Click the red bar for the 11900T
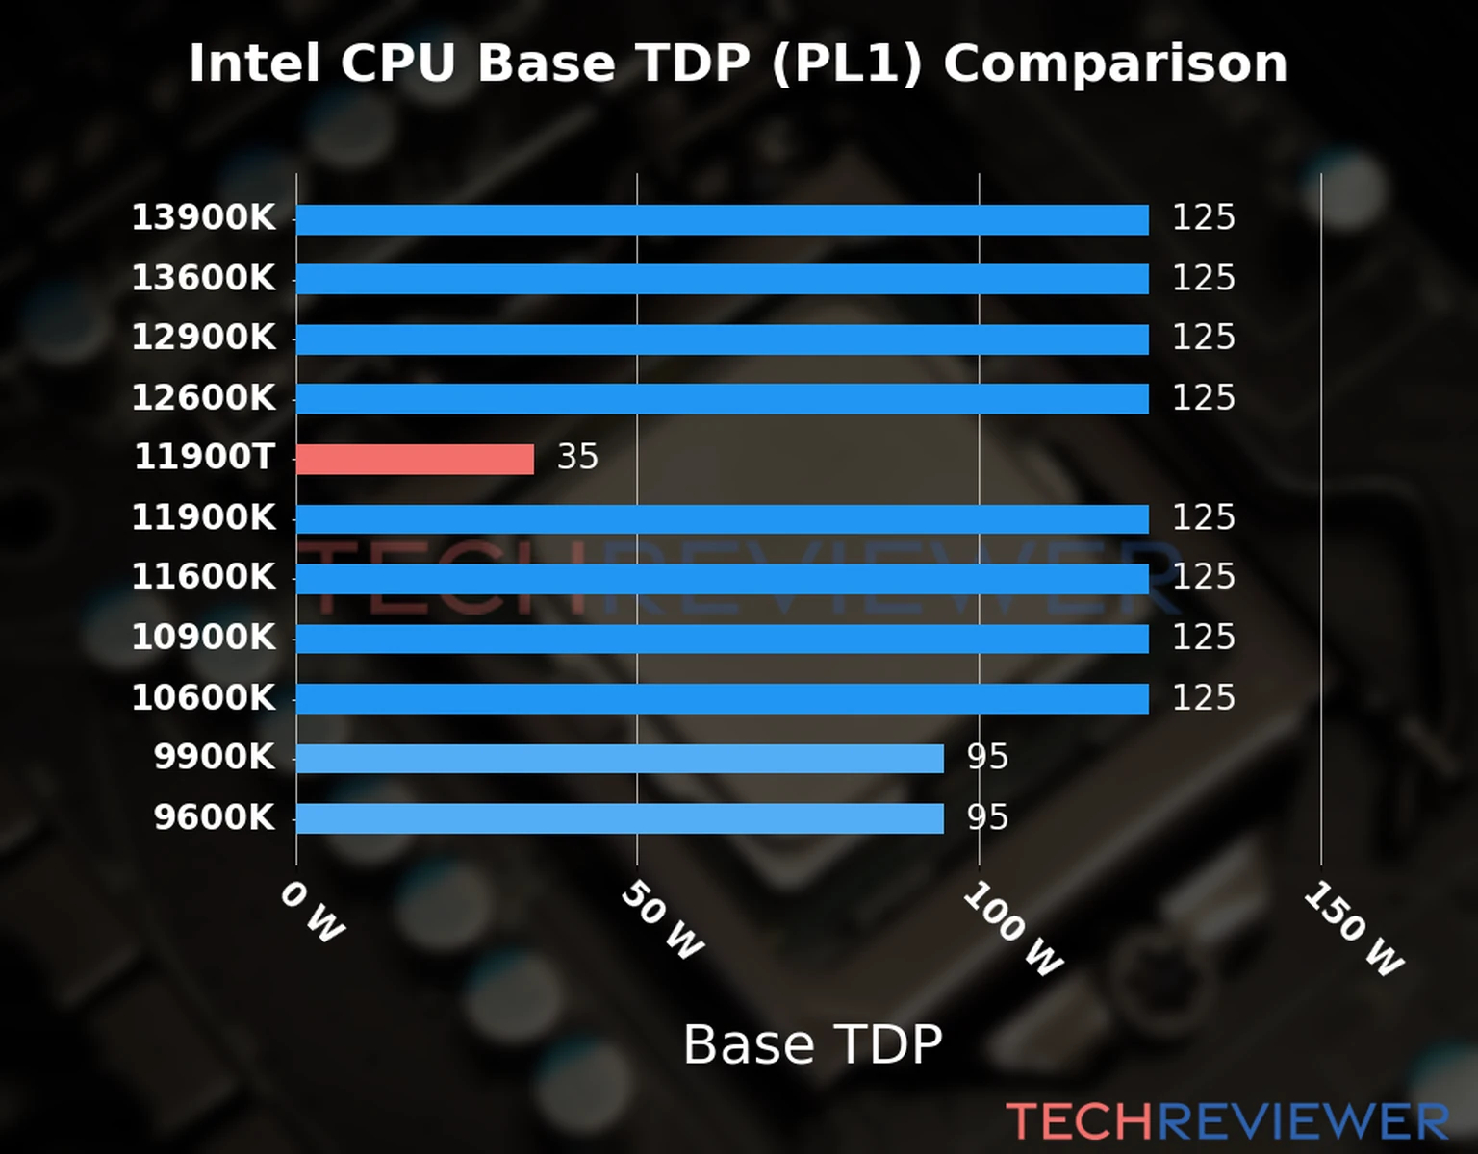[x=415, y=459]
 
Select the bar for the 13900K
[x=722, y=219]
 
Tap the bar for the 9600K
[x=620, y=818]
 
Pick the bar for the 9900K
[x=620, y=759]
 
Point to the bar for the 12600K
[x=722, y=398]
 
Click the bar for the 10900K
[x=722, y=639]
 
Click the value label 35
[x=577, y=457]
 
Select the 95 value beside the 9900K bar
[x=987, y=758]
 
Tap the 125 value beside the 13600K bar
[x=1203, y=278]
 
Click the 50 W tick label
[x=662, y=921]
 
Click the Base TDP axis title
[x=812, y=1044]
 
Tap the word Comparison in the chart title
[x=1114, y=63]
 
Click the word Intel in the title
[x=254, y=63]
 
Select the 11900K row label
[x=203, y=517]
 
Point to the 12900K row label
[x=203, y=338]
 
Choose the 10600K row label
[x=203, y=697]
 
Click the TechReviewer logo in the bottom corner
[x=1227, y=1121]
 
